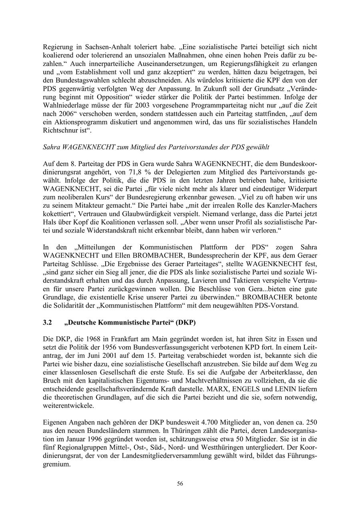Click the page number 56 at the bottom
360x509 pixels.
coord(180,484)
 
